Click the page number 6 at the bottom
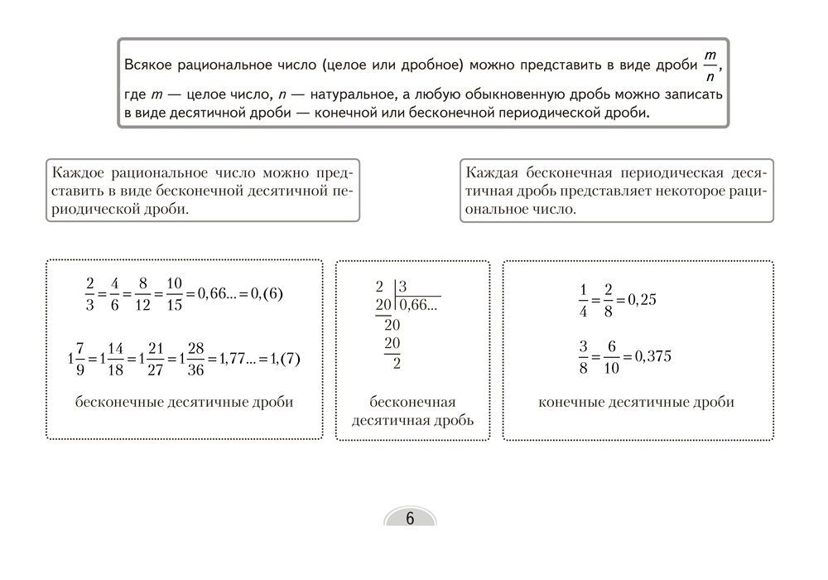click(x=410, y=519)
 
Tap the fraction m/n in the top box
click(x=710, y=66)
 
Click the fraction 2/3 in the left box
click(x=90, y=294)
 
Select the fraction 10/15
click(x=174, y=294)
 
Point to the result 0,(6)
click(x=264, y=294)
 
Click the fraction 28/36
click(x=195, y=359)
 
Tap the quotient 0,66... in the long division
click(x=418, y=305)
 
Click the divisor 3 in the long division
click(x=404, y=287)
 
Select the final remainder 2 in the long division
click(x=397, y=363)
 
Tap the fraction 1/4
click(x=583, y=300)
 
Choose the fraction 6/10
click(x=610, y=356)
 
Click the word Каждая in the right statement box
click(x=493, y=173)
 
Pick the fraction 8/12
click(x=143, y=294)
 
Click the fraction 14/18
click(x=115, y=359)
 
